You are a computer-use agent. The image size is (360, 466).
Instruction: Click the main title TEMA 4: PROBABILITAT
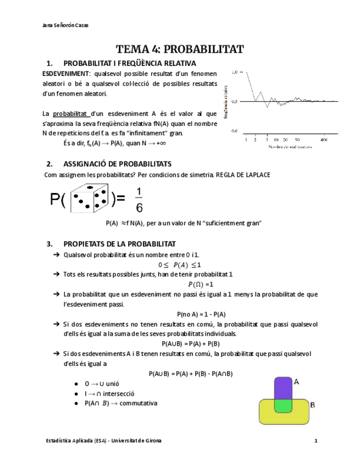pyautogui.click(x=180, y=49)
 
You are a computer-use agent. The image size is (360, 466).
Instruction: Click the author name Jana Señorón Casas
pyautogui.click(x=65, y=25)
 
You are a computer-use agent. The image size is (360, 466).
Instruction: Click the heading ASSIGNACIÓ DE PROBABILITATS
pyautogui.click(x=118, y=164)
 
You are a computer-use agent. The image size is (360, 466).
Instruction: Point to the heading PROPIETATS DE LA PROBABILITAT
pyautogui.click(x=119, y=243)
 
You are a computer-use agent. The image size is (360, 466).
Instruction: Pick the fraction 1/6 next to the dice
pyautogui.click(x=139, y=199)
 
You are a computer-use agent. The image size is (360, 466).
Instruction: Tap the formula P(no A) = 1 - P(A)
pyautogui.click(x=201, y=314)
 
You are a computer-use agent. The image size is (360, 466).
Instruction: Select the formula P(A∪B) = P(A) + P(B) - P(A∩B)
pyautogui.click(x=191, y=374)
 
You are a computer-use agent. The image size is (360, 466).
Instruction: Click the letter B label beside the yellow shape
pyautogui.click(x=312, y=405)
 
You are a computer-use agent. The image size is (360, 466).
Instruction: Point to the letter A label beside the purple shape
pyautogui.click(x=296, y=381)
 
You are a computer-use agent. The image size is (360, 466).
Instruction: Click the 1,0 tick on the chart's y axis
pyautogui.click(x=235, y=72)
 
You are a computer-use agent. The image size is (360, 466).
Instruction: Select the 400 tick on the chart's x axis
pyautogui.click(x=323, y=140)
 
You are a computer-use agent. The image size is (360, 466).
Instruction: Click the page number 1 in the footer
pyautogui.click(x=316, y=441)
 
